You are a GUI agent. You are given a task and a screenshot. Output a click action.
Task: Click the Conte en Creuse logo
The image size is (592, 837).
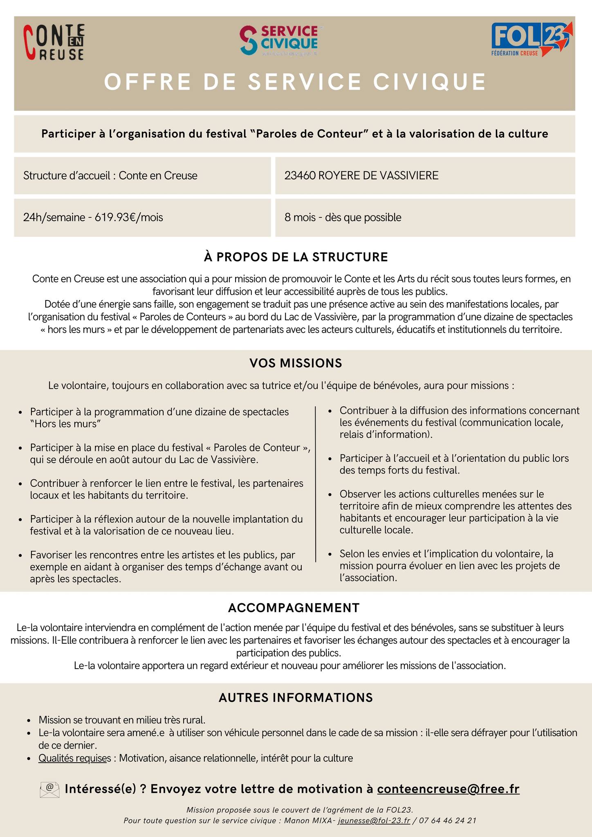pyautogui.click(x=54, y=42)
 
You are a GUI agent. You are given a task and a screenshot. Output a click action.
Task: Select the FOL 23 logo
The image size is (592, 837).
pyautogui.click(x=531, y=39)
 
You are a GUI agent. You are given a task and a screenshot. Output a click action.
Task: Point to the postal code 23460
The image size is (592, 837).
pyautogui.click(x=300, y=176)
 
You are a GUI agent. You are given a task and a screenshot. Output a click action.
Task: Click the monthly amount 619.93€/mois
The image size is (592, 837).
pyautogui.click(x=129, y=217)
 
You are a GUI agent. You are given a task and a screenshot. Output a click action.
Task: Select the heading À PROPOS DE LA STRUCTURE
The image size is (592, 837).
pyautogui.click(x=296, y=257)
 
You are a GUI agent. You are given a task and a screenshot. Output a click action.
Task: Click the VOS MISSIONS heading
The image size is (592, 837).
pyautogui.click(x=296, y=363)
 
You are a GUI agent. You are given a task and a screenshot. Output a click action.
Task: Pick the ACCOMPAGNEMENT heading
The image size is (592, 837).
pyautogui.click(x=294, y=608)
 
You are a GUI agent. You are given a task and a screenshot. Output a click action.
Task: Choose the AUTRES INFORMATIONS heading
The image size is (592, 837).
pyautogui.click(x=296, y=698)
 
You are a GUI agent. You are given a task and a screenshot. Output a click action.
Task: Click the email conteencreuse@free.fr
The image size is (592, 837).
pyautogui.click(x=448, y=789)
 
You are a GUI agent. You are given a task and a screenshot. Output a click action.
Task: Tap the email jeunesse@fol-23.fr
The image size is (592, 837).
pyautogui.click(x=374, y=820)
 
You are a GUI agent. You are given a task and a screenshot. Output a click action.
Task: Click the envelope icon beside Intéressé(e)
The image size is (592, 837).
pyautogui.click(x=49, y=789)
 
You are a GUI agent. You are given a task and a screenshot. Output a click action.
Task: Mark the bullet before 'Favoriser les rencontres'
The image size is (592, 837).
pyautogui.click(x=20, y=555)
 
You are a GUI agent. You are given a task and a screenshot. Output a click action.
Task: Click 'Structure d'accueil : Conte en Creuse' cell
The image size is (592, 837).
pyautogui.click(x=110, y=176)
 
